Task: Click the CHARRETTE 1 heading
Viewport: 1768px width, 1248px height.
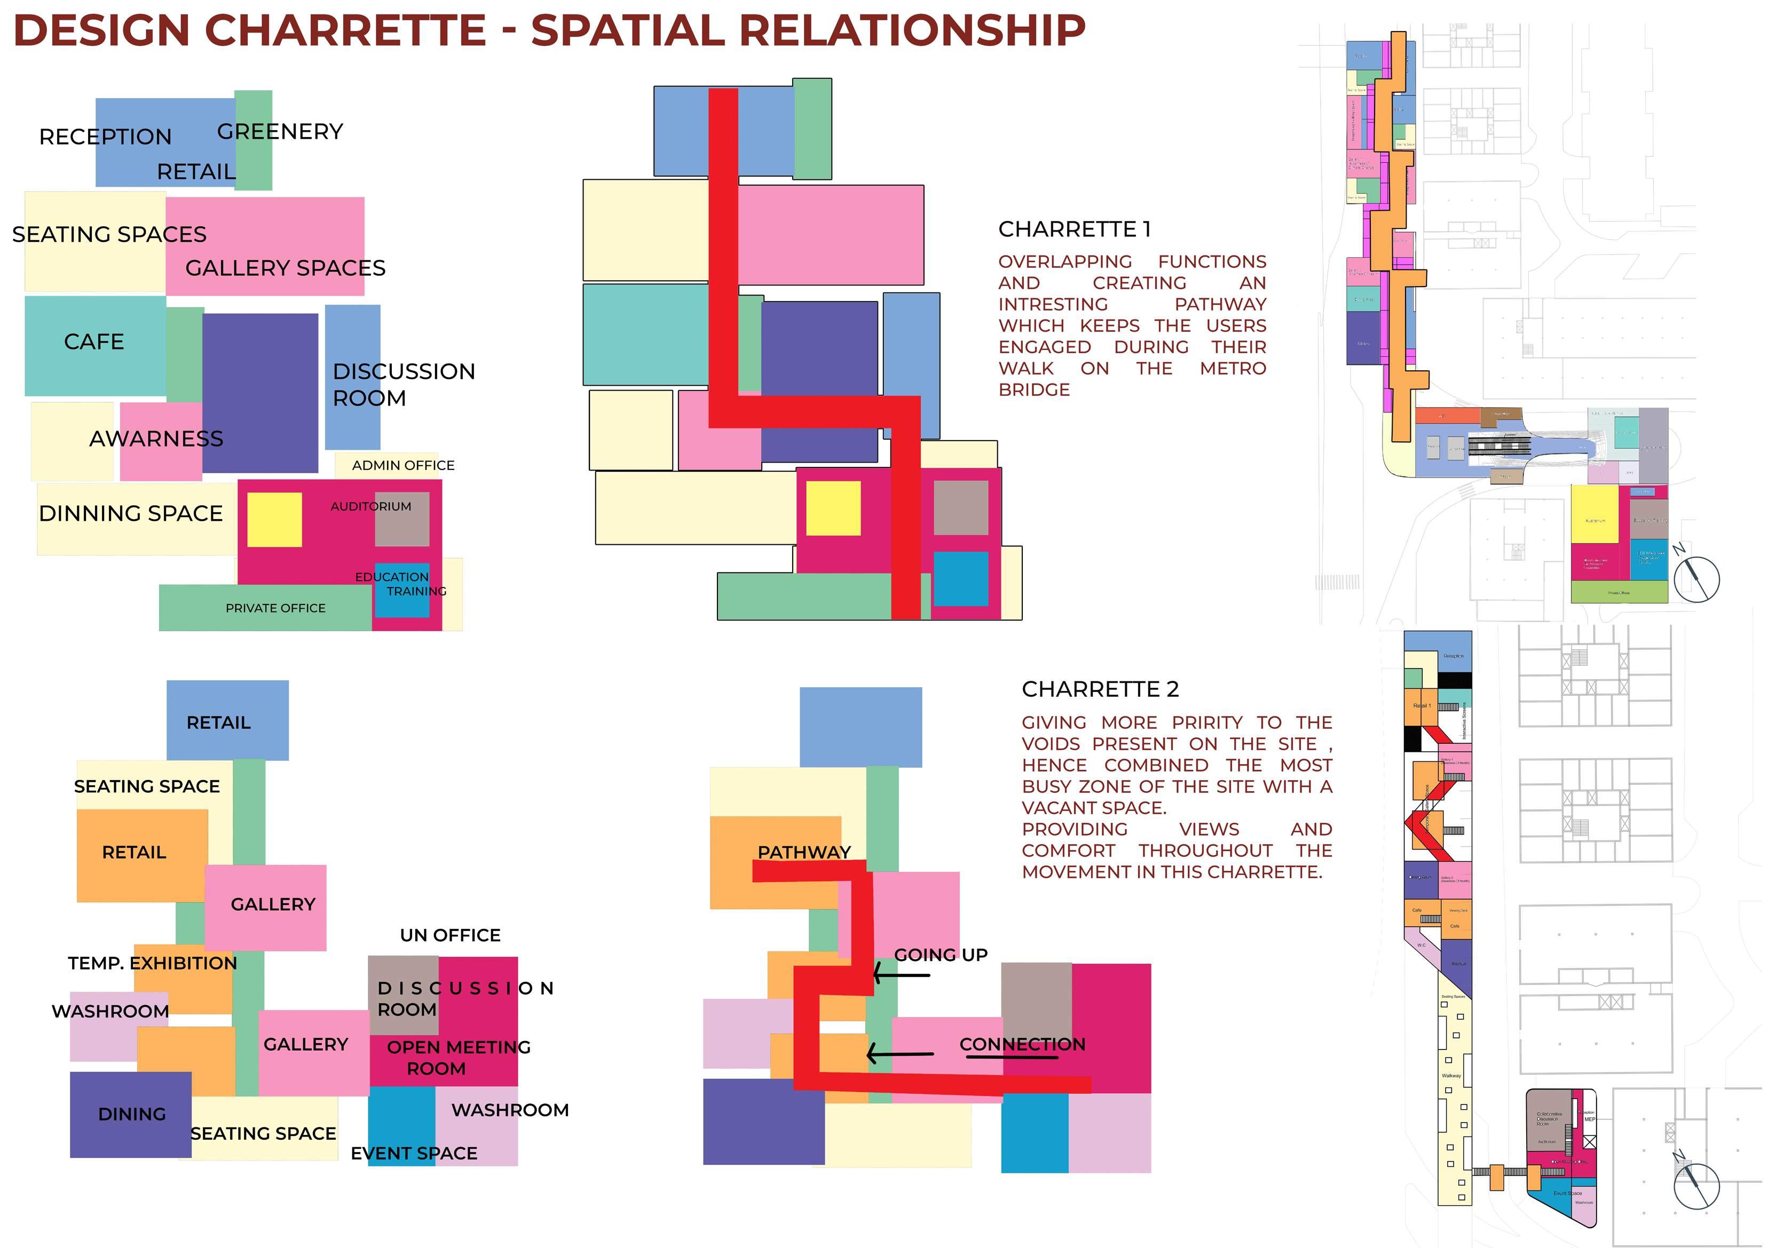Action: (1074, 229)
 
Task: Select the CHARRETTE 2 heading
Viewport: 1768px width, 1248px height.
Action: (1100, 689)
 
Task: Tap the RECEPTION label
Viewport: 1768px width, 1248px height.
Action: (106, 137)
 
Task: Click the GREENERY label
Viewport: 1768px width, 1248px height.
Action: (280, 132)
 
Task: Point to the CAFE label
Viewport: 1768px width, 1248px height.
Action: (94, 342)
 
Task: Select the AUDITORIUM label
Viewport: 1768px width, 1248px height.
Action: (370, 506)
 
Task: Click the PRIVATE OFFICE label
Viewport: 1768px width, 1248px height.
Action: (275, 608)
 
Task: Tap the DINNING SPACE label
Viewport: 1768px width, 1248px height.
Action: (130, 513)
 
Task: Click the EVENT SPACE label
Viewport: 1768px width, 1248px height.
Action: (414, 1154)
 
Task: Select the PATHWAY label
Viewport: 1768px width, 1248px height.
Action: (804, 852)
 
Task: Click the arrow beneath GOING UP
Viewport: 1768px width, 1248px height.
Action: (901, 974)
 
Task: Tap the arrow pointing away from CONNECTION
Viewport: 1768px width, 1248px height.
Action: (899, 1053)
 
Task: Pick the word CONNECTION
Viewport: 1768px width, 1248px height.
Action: (1022, 1044)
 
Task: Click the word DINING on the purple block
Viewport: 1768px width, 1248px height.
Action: (132, 1114)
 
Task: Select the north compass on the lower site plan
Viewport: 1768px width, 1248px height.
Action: (1695, 1185)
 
